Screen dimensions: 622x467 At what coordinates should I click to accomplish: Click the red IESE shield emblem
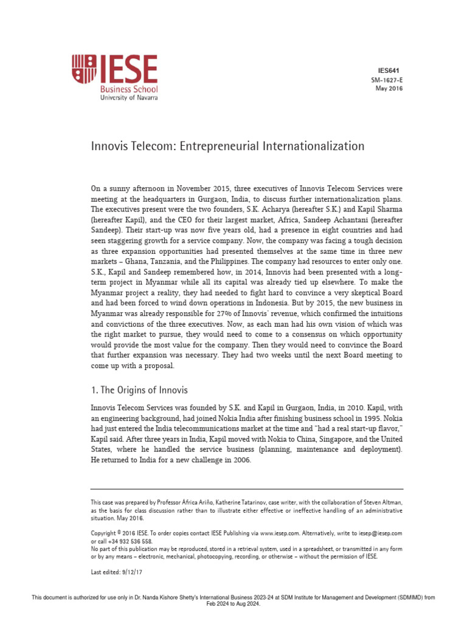pos(84,69)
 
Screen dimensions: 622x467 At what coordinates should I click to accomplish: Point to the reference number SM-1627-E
pos(387,80)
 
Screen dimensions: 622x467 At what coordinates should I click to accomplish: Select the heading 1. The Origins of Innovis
pos(139,390)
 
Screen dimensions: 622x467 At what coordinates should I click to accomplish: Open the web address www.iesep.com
pos(277,533)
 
